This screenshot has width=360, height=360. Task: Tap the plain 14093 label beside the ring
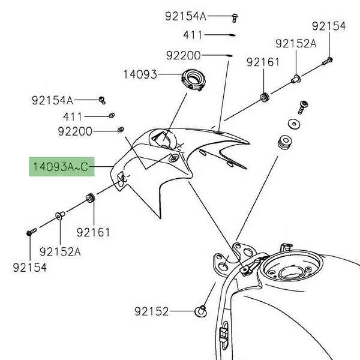pos(140,75)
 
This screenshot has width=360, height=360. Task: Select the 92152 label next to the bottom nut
pos(152,311)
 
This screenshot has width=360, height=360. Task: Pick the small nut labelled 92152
pos(202,311)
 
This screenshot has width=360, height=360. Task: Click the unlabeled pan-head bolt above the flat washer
pos(303,107)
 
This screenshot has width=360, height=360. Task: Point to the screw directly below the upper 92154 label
pos(328,60)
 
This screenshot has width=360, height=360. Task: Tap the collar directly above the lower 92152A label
pos(60,215)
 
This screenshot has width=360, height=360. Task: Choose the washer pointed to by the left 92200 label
pos(121,130)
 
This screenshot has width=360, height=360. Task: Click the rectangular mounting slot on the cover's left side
pos(120,178)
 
